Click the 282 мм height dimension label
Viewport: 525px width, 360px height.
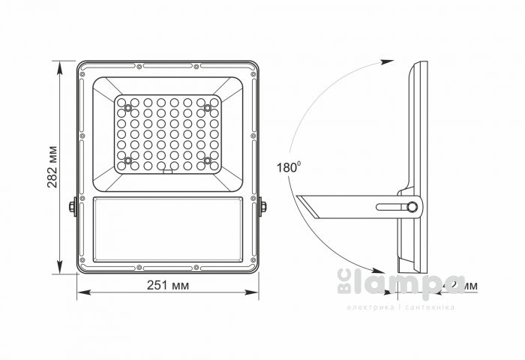pyautogui.click(x=53, y=166)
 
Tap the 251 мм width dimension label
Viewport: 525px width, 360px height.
pyautogui.click(x=168, y=286)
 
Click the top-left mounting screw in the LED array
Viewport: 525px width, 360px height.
pyautogui.click(x=128, y=108)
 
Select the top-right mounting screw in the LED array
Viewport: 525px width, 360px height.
pyautogui.click(x=208, y=108)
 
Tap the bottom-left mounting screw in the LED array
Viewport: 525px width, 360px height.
pyautogui.click(x=128, y=160)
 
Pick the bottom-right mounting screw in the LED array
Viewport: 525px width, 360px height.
pyautogui.click(x=208, y=160)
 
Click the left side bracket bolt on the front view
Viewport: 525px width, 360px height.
pyautogui.click(x=73, y=206)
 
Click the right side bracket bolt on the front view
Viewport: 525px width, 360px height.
pyautogui.click(x=263, y=206)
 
